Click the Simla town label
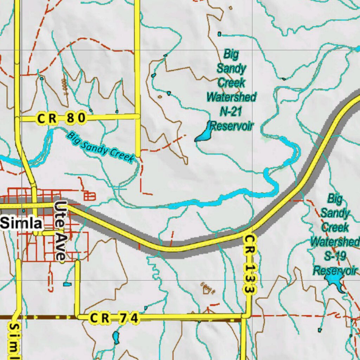click(x=22, y=223)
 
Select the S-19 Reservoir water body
click(x=334, y=281)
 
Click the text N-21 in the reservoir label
click(x=231, y=111)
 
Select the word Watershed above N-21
click(x=231, y=97)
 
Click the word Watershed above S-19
click(x=335, y=242)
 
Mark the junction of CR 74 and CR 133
click(x=246, y=315)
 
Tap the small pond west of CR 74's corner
click(x=67, y=284)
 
